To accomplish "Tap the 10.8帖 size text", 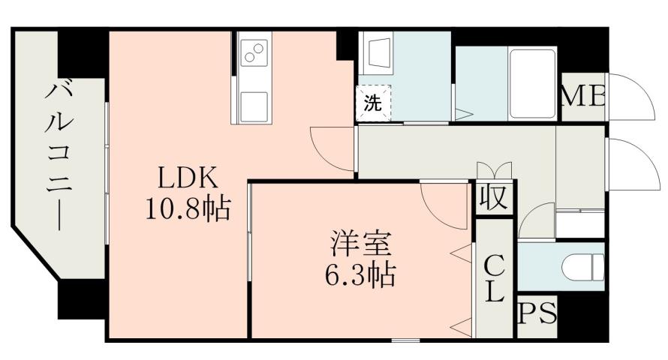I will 187,208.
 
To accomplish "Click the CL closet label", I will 493,277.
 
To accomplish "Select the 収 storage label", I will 493,198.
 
